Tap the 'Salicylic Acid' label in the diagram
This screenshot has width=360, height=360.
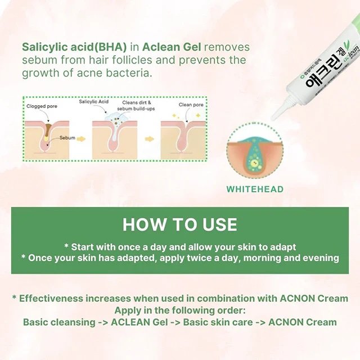click(93, 102)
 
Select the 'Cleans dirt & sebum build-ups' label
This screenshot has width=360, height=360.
click(138, 106)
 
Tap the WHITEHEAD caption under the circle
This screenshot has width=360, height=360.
click(255, 190)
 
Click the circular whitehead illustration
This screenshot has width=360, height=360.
click(255, 153)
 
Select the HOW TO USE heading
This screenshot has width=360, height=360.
click(180, 224)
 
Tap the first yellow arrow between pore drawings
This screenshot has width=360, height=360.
click(82, 138)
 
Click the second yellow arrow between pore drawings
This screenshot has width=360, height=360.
click(150, 138)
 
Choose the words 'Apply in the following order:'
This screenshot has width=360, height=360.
click(180, 310)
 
